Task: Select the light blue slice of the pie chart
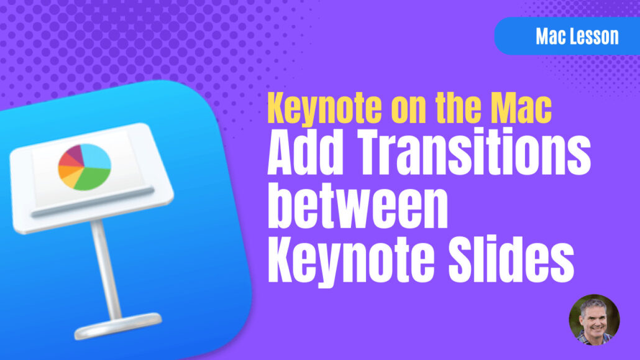coord(98,157)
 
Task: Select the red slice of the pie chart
coord(66,164)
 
